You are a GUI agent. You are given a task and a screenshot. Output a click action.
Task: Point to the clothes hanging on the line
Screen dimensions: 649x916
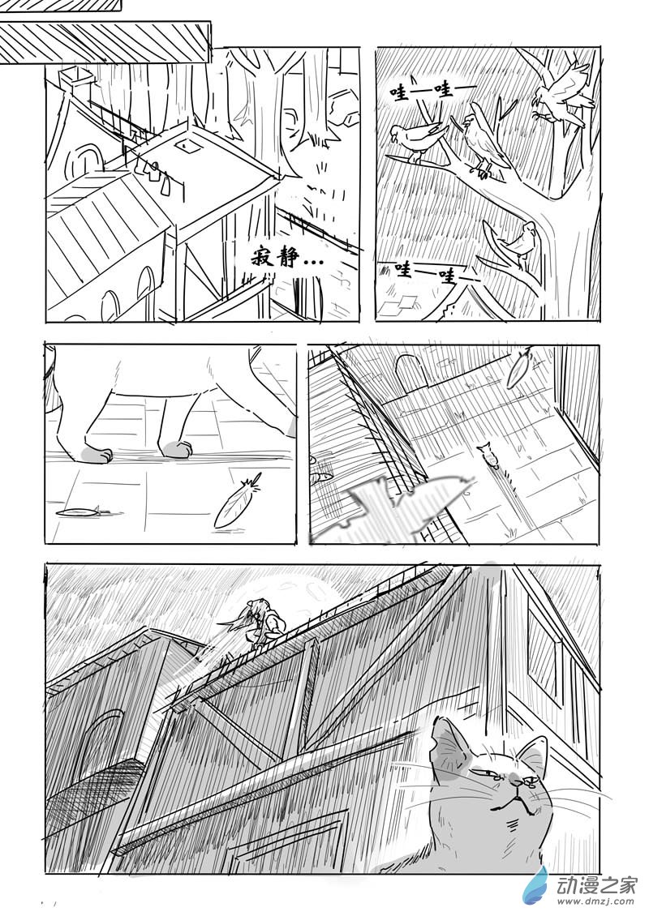pos(152,173)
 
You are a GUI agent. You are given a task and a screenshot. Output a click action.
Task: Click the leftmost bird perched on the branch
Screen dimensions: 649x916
pos(417,139)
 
